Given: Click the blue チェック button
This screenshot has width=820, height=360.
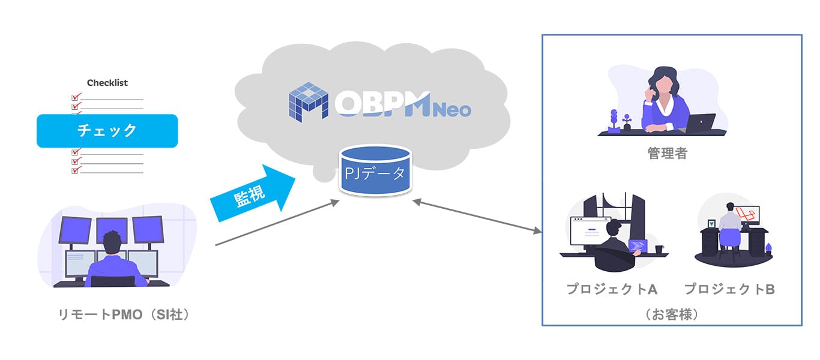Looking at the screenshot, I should pyautogui.click(x=107, y=131).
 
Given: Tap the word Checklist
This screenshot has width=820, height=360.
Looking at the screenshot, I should pyautogui.click(x=107, y=83).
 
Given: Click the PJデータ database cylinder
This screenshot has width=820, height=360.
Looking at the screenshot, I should pyautogui.click(x=376, y=172).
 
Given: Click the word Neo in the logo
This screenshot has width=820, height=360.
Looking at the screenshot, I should pyautogui.click(x=451, y=110).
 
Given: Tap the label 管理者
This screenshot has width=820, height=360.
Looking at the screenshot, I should pyautogui.click(x=667, y=154).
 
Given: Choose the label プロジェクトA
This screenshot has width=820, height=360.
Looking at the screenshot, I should pyautogui.click(x=612, y=289).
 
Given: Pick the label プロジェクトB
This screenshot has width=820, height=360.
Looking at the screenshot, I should pyautogui.click(x=729, y=289).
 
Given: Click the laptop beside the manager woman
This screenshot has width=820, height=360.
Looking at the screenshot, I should pyautogui.click(x=700, y=123).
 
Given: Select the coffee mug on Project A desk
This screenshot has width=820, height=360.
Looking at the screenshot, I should pyautogui.click(x=659, y=248).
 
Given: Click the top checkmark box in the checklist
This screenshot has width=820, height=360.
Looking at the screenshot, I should pyautogui.click(x=76, y=96).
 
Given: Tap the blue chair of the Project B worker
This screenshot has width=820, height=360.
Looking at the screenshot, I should pyautogui.click(x=730, y=238).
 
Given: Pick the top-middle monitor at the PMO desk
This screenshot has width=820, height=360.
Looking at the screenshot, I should pyautogui.click(x=112, y=229).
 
